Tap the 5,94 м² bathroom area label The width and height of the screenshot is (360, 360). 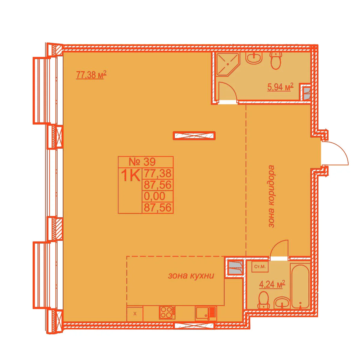click(280, 87)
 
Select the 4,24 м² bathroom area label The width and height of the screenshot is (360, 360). click(272, 284)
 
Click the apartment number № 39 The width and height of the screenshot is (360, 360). click(142, 162)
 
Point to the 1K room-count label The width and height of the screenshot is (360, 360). click(130, 175)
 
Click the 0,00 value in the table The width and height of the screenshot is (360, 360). click(155, 196)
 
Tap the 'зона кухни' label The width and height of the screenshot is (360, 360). click(191, 276)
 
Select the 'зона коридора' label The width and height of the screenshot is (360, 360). click(271, 196)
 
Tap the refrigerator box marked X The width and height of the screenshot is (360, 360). click(135, 314)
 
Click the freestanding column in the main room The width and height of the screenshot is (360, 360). click(194, 136)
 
